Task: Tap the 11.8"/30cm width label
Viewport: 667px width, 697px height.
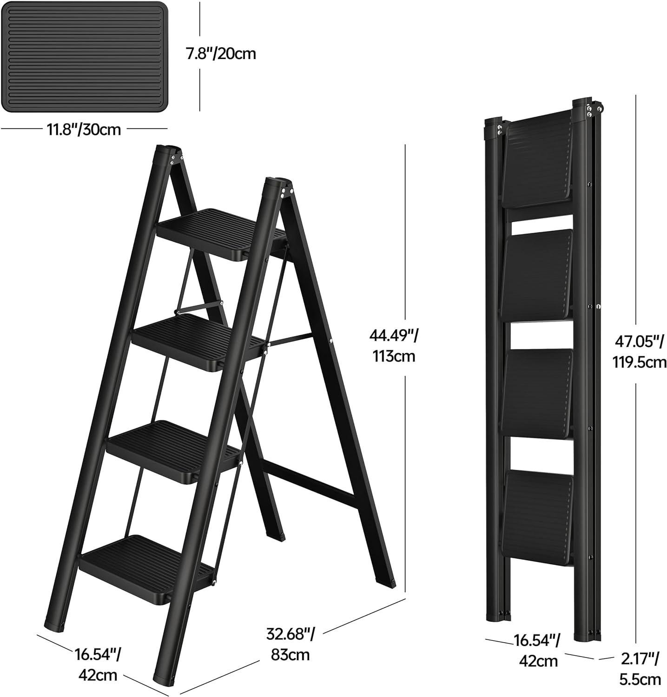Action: pos(83,129)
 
